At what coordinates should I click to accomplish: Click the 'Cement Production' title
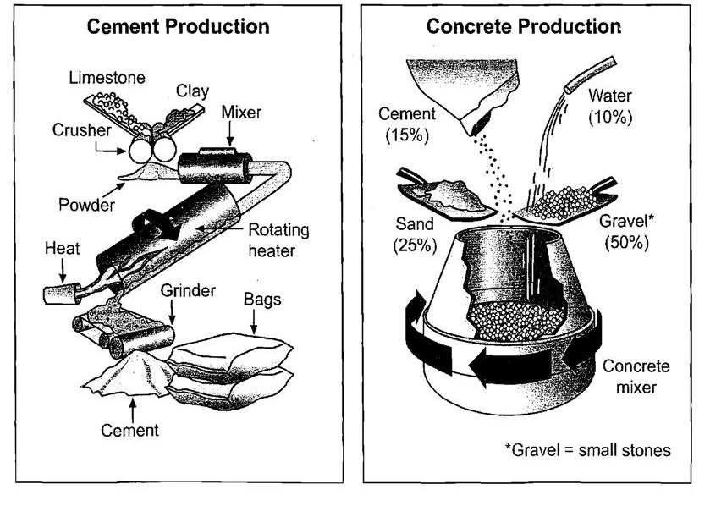tap(179, 26)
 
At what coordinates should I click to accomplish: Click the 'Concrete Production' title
tap(523, 26)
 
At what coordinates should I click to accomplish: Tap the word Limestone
tap(106, 78)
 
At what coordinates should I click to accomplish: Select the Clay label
tap(191, 90)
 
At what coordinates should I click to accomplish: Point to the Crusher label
tap(81, 131)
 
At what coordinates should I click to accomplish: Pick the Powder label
tap(86, 204)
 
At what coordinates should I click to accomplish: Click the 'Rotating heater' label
tap(278, 239)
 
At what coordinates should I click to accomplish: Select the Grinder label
tap(187, 291)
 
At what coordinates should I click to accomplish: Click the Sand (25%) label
tap(413, 235)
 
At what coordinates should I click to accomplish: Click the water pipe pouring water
tap(590, 74)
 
